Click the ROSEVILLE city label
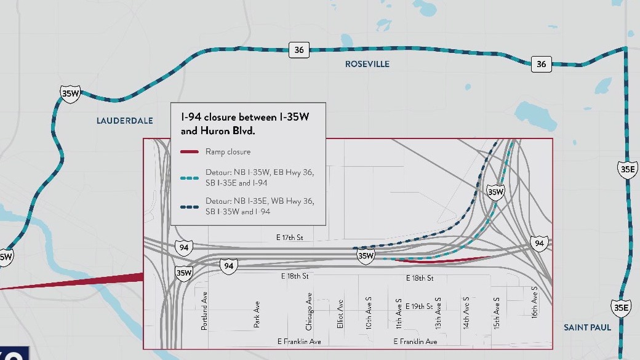[367, 64]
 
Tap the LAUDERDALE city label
[125, 121]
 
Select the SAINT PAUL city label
[588, 327]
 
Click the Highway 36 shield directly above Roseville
[298, 50]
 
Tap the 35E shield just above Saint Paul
[621, 307]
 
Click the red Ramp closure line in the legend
[190, 151]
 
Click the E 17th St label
[290, 237]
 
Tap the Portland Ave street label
[205, 315]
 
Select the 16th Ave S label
[535, 302]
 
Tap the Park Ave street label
[257, 314]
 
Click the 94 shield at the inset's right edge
[539, 244]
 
